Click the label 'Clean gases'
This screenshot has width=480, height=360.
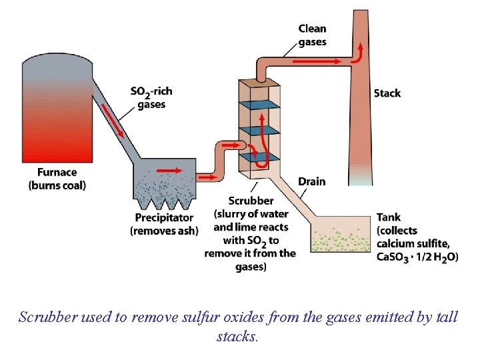(312, 35)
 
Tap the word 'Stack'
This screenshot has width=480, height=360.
(387, 93)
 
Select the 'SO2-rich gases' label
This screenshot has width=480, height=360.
(151, 97)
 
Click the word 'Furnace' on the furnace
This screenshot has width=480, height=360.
(57, 173)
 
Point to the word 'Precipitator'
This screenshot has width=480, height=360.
(164, 217)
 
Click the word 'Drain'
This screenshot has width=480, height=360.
(312, 181)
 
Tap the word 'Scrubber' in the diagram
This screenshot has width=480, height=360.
(251, 201)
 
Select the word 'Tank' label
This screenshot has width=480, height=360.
(389, 217)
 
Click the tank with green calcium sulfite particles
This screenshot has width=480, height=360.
(340, 240)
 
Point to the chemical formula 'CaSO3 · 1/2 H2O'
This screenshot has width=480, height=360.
(417, 257)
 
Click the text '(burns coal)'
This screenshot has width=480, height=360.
(57, 185)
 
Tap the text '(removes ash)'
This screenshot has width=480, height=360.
(164, 231)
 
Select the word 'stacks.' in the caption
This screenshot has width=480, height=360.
(237, 337)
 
